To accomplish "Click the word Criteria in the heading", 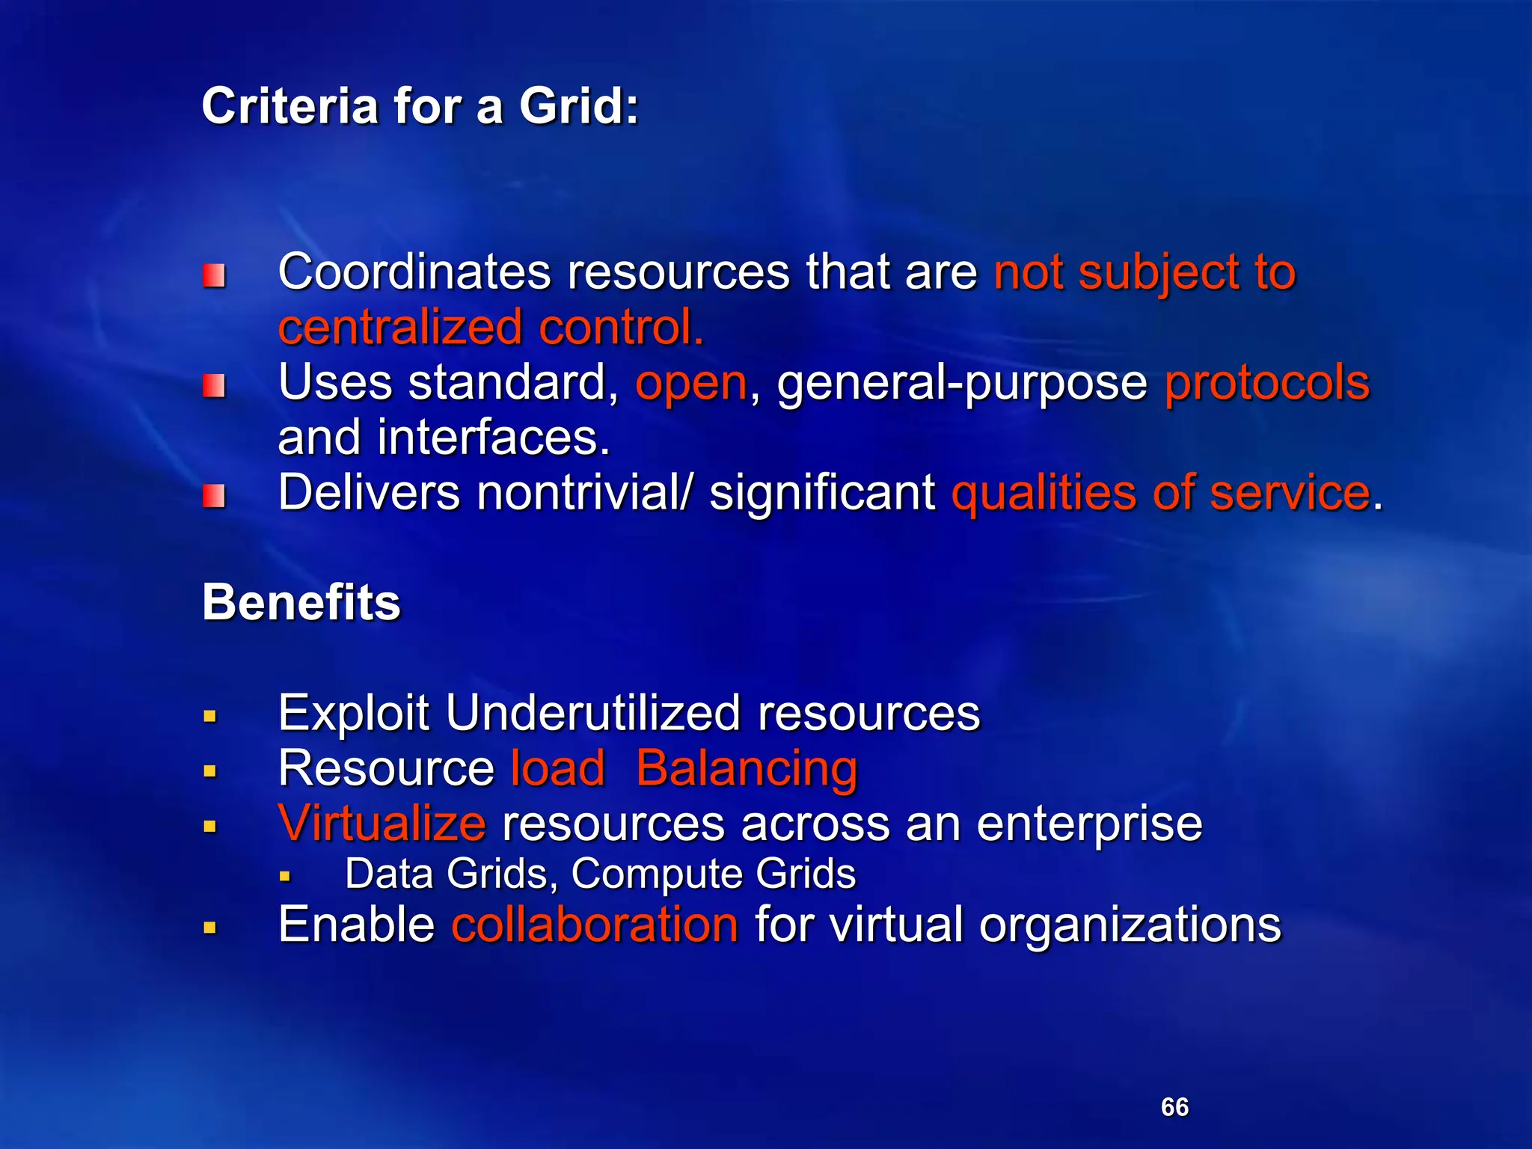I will [x=289, y=106].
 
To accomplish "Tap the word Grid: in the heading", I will [x=579, y=106].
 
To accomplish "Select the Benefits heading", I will [x=301, y=602].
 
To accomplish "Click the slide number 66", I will [x=1174, y=1107].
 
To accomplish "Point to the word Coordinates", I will [x=414, y=272].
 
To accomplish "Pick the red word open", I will [x=691, y=383].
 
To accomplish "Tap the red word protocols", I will [x=1267, y=383].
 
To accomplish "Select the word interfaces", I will [x=494, y=438].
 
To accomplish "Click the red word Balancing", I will [x=747, y=768].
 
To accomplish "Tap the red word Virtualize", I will [x=382, y=824].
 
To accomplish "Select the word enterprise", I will [x=1089, y=824].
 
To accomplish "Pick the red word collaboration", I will [x=595, y=925].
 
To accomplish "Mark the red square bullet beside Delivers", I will [x=214, y=495].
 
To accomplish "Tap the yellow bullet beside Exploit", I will [x=210, y=717].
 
